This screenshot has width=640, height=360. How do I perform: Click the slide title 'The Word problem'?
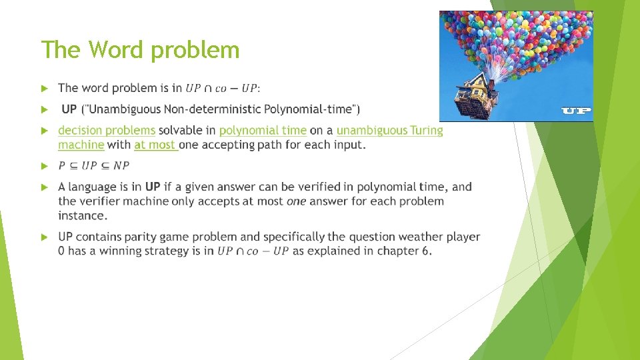(140, 50)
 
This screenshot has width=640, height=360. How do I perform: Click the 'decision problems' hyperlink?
(107, 131)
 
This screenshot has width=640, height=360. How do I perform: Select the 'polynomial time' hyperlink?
(263, 131)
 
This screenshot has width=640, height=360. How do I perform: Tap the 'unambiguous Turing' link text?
(389, 131)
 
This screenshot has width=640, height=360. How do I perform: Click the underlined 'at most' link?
(155, 145)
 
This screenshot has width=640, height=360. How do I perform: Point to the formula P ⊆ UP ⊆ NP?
(94, 165)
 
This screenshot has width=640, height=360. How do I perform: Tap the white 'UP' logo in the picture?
(576, 110)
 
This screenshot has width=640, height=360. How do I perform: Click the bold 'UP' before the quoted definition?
(69, 109)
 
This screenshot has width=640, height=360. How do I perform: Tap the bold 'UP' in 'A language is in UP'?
(153, 187)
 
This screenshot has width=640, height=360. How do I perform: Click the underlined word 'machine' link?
(81, 145)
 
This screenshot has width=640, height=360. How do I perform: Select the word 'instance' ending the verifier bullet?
(81, 216)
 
